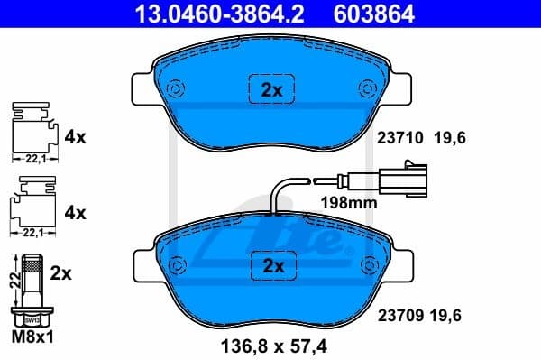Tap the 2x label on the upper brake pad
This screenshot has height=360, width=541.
[x=271, y=90]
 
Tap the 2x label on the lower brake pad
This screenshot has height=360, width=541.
[x=271, y=265]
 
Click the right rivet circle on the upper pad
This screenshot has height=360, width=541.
[x=367, y=88]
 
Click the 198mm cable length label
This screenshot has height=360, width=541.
[x=349, y=203]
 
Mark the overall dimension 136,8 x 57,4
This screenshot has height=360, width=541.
[x=270, y=345]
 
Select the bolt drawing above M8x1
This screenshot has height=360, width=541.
[x=32, y=290]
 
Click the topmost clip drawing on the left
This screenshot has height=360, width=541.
[x=32, y=132]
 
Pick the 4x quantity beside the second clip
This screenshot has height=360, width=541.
[x=75, y=214]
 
